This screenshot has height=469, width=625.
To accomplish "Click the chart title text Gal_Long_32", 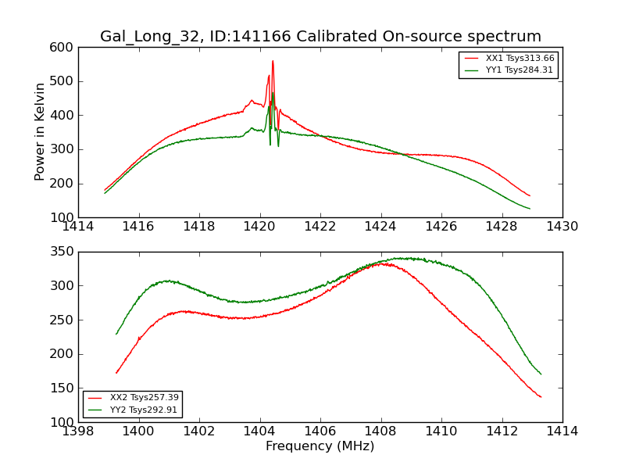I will (149, 37).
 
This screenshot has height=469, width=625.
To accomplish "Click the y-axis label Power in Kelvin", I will (40, 132).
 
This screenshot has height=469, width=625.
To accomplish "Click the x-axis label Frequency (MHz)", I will (320, 446).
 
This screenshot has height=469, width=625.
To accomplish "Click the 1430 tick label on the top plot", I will (562, 227).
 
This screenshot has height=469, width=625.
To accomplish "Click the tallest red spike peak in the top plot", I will (273, 61).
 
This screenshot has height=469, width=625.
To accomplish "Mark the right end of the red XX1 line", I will (530, 195).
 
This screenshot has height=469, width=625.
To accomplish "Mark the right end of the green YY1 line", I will (530, 209).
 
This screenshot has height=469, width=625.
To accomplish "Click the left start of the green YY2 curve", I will (116, 335).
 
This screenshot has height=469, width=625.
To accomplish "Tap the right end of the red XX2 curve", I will (541, 397).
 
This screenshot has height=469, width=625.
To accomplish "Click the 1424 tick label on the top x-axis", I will (380, 227).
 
